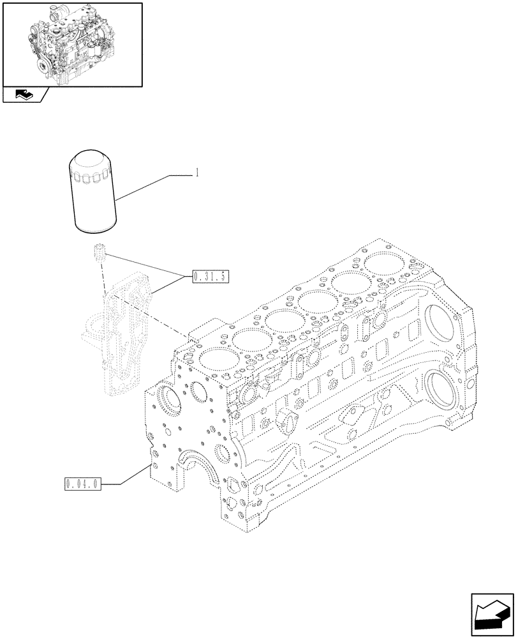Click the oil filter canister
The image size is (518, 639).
tap(94, 192)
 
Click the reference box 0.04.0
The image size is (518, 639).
tap(82, 484)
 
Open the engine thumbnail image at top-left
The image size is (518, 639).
tap(72, 44)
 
